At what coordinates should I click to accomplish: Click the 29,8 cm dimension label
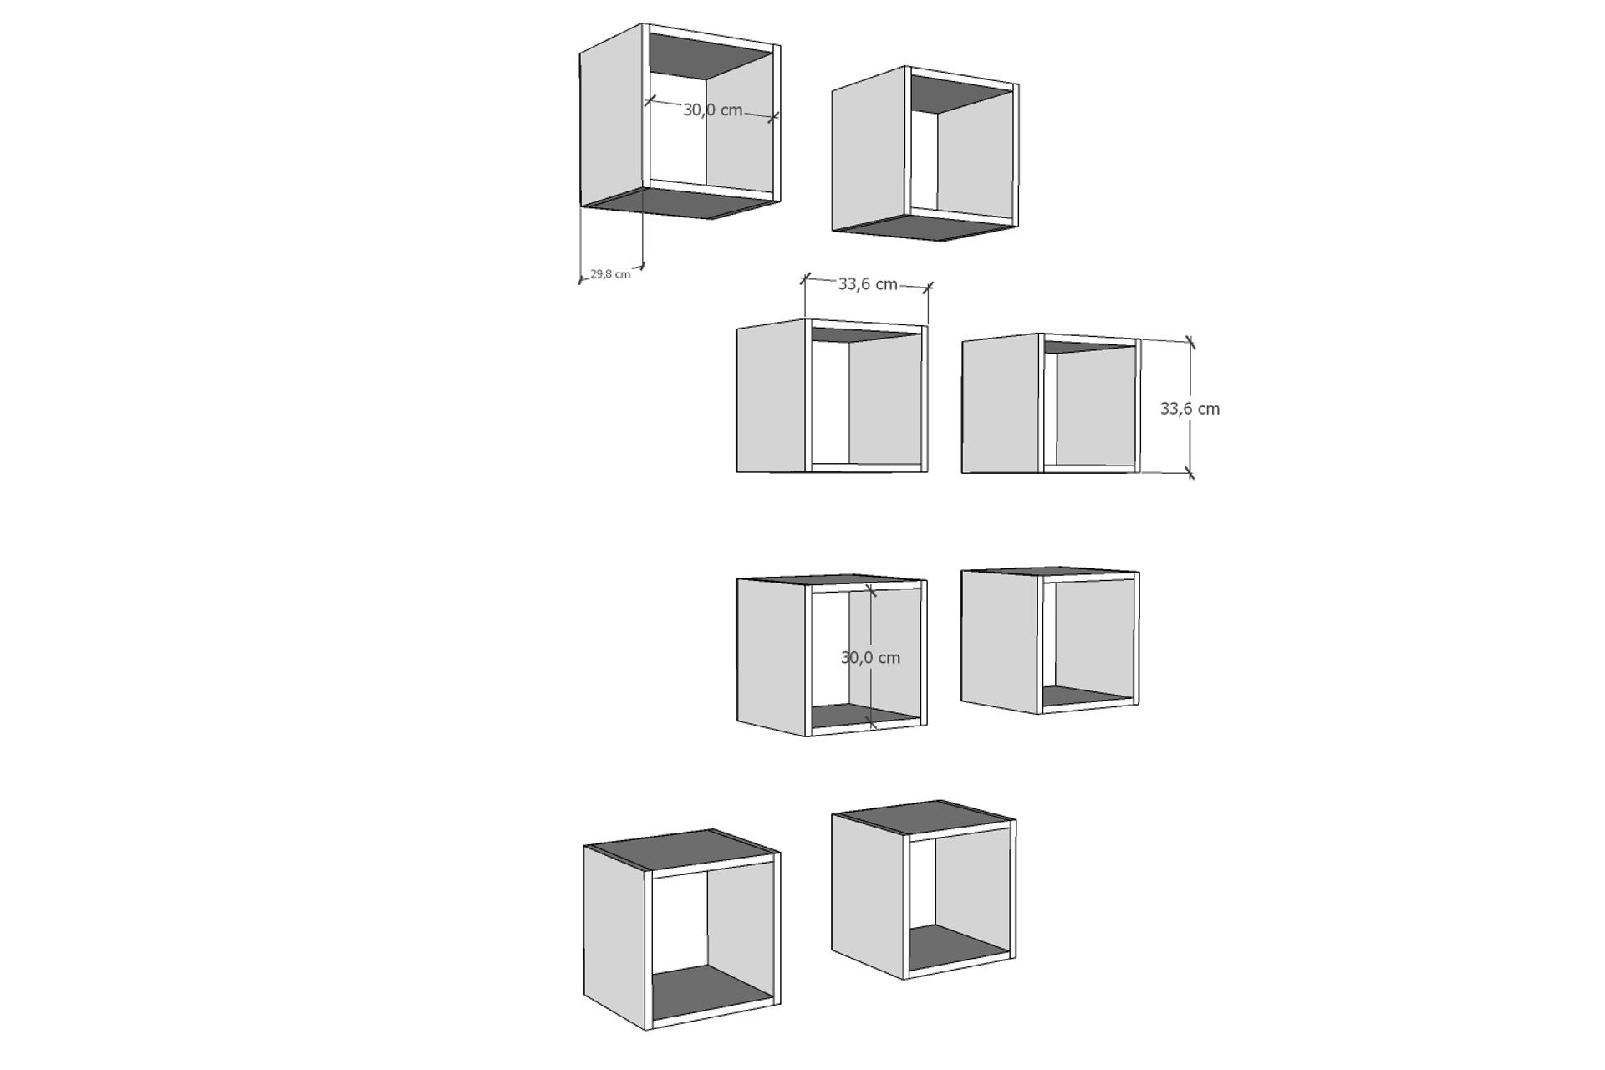610,273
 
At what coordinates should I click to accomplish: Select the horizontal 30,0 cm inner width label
713,110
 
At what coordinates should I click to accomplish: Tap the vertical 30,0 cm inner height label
870,658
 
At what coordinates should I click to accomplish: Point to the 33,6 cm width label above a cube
868,284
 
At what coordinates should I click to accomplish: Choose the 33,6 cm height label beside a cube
1190,409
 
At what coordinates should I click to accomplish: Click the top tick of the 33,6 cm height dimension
1190,342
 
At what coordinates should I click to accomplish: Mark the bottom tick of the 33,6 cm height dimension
1190,474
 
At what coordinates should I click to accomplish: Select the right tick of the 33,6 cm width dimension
928,288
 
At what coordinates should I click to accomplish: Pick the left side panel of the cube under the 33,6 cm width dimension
771,395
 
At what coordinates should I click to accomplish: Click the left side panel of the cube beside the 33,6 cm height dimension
1001,404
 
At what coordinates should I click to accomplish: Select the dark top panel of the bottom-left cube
681,849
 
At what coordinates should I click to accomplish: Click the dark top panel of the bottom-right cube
924,816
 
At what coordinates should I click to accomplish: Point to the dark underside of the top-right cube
928,228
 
